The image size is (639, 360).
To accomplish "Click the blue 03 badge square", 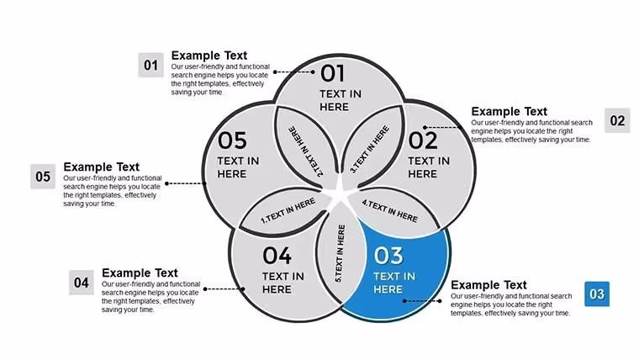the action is tap(597, 294).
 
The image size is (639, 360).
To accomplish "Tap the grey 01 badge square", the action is tap(151, 65).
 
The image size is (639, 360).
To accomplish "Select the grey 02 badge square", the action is tap(617, 120).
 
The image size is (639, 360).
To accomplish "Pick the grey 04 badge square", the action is tap(82, 283).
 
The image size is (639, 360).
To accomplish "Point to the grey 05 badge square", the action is tap(43, 177).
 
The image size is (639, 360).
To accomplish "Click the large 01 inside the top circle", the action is tap(333, 73).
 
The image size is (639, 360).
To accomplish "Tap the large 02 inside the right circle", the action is tap(423, 140).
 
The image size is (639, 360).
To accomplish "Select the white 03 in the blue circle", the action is tap(388, 256).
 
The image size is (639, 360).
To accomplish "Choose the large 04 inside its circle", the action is tap(277, 256).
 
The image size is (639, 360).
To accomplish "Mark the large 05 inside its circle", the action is tap(232, 140).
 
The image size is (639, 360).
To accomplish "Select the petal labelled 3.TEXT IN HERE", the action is tap(372, 146).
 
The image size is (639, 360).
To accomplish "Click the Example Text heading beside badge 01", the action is tap(209, 56).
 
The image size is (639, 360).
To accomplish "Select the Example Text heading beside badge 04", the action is tap(140, 273).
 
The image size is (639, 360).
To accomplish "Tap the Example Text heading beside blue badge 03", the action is tap(488, 285).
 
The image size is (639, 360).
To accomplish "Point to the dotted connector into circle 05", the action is tap(186, 183).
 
